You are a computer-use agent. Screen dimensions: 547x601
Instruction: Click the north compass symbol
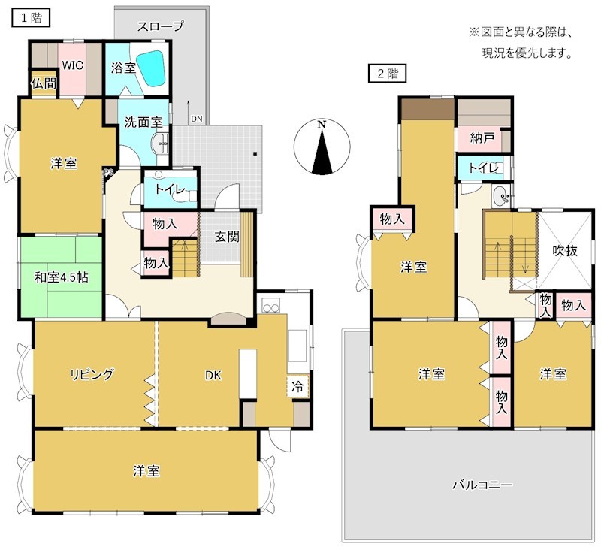coord(322,146)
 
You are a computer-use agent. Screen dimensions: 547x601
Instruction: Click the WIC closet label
coord(72,65)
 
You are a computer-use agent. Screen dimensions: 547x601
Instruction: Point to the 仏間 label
coord(44,83)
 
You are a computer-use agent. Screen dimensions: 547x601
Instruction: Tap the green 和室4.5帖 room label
coord(61,277)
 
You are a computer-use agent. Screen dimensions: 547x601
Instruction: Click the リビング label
coord(92,374)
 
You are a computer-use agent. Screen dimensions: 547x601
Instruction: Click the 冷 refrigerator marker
coord(299,388)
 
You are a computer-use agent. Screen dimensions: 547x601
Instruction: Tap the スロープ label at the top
coord(160,26)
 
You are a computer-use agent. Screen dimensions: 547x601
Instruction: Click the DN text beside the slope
coord(196,119)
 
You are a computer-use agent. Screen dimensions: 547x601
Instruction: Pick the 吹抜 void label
coord(566,251)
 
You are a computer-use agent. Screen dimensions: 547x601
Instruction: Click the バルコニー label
coord(482,485)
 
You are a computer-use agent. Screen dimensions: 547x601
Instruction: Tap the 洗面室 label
coord(143,121)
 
